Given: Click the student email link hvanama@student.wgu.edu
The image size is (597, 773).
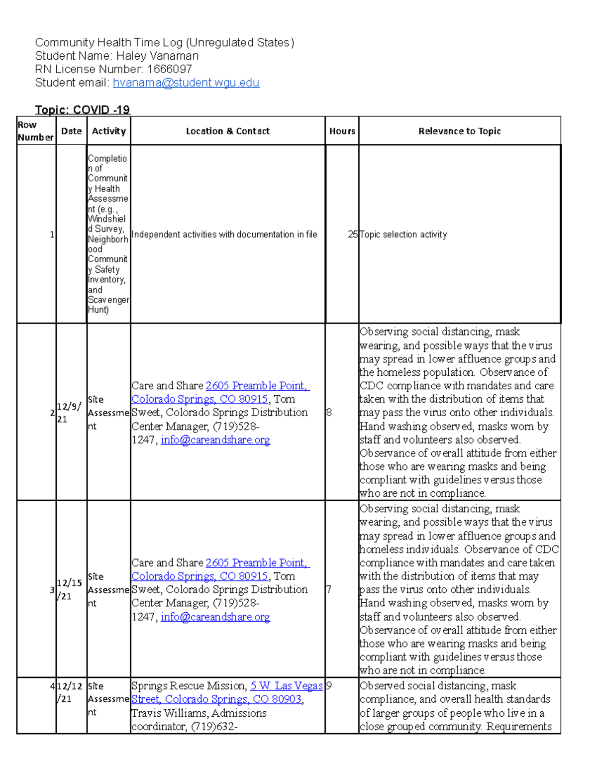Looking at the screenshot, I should (x=186, y=83).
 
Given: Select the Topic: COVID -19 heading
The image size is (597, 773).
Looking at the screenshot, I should (x=82, y=110).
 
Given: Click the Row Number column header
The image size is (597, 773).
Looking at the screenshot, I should (x=35, y=131).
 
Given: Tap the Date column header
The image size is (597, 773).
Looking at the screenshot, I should (x=71, y=131).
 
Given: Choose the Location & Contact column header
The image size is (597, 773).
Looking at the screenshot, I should (x=227, y=131).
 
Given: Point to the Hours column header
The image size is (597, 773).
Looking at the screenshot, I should (x=342, y=131).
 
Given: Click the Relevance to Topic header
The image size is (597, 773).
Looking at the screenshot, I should (x=459, y=131).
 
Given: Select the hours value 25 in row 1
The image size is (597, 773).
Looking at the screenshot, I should (x=353, y=234).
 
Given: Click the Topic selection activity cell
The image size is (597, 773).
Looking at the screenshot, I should (x=403, y=234).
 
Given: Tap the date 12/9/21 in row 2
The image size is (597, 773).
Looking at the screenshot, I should (x=69, y=413).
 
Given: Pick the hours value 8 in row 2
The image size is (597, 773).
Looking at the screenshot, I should (x=329, y=413).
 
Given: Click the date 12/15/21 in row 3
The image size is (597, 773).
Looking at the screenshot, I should (x=69, y=589).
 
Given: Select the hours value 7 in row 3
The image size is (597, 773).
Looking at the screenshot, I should (x=329, y=589).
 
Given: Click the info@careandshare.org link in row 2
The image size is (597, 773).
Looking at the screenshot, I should (x=215, y=440).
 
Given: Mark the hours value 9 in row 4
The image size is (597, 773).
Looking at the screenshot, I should (x=329, y=686).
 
